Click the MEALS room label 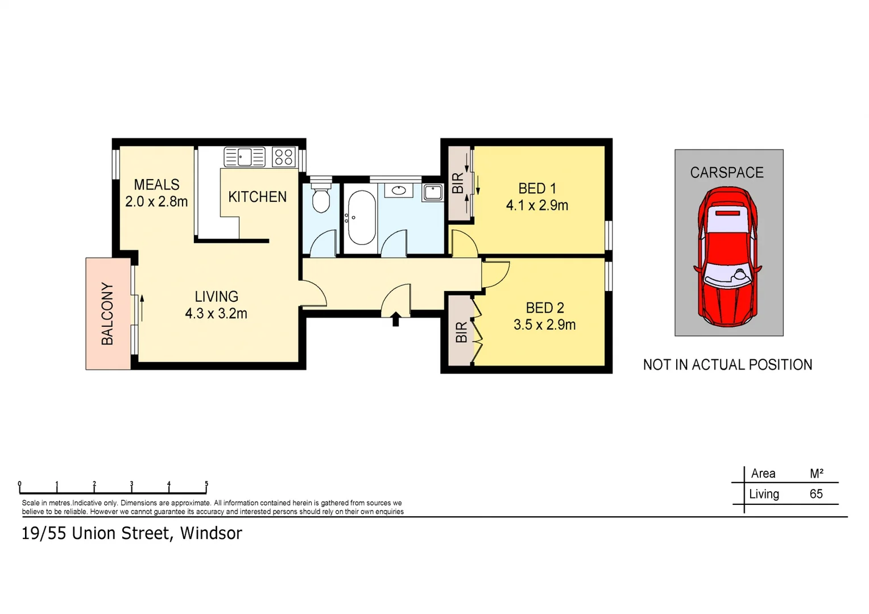tap(156, 185)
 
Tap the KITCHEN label tap(257, 197)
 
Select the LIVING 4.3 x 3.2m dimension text tap(216, 313)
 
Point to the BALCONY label tap(107, 314)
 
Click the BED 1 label tap(537, 188)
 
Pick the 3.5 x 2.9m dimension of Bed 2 tap(544, 325)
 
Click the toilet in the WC tap(321, 197)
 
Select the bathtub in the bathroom tap(361, 217)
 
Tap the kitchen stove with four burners tap(283, 157)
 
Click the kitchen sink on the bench tap(245, 156)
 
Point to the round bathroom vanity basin tap(399, 190)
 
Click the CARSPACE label tap(726, 173)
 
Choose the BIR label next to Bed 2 tap(461, 332)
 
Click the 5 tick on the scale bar tap(206, 485)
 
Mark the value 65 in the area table tap(816, 494)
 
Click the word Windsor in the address tap(211, 533)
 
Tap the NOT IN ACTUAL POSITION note tap(727, 365)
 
